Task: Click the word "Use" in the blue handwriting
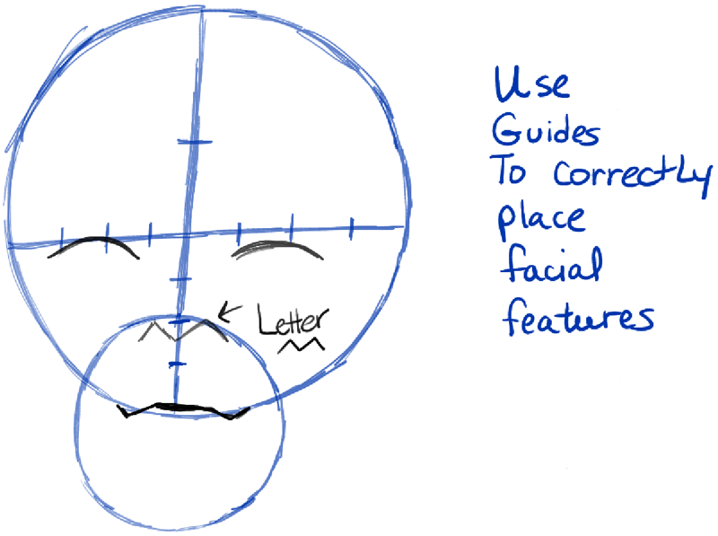point(530,86)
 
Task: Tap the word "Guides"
point(545,133)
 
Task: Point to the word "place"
point(540,221)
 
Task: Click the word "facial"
point(549,267)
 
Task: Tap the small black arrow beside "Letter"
point(231,311)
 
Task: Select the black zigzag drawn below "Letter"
point(302,345)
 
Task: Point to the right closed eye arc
point(278,248)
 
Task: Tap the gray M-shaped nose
point(185,331)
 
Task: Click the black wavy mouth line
point(184,410)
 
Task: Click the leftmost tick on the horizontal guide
point(61,237)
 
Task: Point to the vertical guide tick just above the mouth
point(177,364)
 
